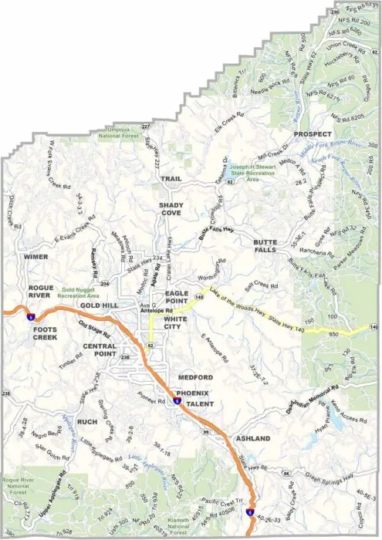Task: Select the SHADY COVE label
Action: tap(171, 209)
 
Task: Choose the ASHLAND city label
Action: tap(253, 438)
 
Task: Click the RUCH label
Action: tap(86, 422)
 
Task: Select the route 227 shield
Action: tap(146, 127)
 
